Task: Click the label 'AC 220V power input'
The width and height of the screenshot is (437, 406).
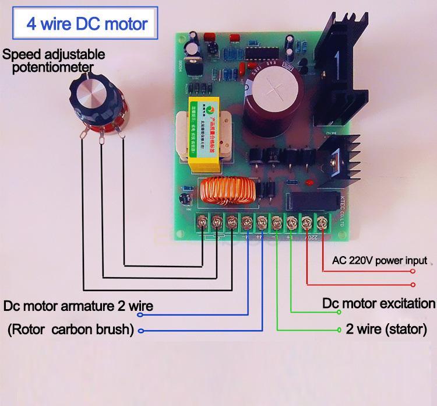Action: (x=379, y=261)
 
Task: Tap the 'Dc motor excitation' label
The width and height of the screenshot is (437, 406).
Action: (x=379, y=303)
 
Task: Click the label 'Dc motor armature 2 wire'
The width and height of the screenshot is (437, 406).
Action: (x=78, y=306)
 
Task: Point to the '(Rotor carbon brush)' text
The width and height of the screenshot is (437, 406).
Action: (x=71, y=330)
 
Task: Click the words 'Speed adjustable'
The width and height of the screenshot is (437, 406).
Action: (x=54, y=55)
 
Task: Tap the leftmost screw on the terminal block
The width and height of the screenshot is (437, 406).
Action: (x=202, y=221)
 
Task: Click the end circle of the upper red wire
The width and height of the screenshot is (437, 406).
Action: (x=413, y=271)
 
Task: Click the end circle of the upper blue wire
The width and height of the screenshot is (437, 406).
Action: (x=139, y=314)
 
